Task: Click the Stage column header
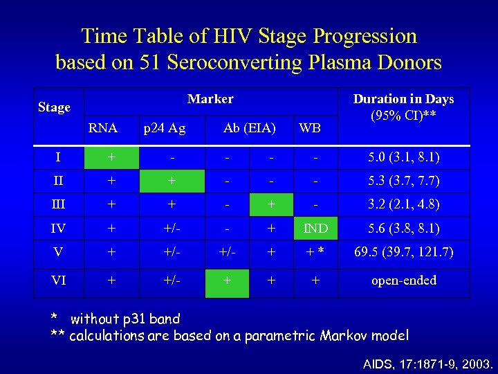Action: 54,107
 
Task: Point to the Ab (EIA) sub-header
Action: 249,127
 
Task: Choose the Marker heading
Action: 210,99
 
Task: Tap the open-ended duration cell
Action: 403,280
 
